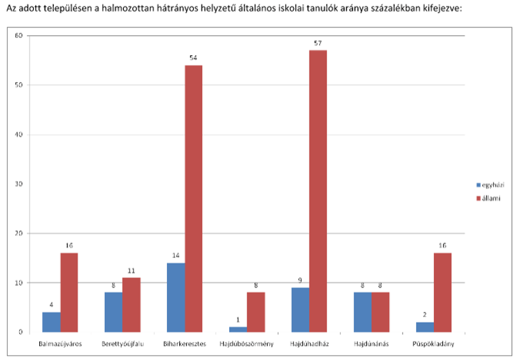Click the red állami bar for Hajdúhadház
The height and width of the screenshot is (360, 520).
(x=318, y=191)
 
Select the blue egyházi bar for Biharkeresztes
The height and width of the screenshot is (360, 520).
(x=176, y=298)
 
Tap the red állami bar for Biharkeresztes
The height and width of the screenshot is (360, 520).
(x=194, y=199)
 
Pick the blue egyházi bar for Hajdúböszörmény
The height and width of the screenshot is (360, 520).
(x=238, y=329)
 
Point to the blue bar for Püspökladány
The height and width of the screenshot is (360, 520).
(x=425, y=327)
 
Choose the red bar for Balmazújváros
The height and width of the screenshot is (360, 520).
(x=69, y=293)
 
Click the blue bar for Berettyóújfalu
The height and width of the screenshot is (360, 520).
(x=114, y=313)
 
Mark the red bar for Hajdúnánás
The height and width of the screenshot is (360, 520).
(x=381, y=313)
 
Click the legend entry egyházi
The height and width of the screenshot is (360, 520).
(x=490, y=185)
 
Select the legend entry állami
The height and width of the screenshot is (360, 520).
(x=489, y=198)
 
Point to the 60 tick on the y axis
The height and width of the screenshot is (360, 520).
(x=19, y=35)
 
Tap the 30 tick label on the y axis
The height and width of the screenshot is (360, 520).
(x=19, y=184)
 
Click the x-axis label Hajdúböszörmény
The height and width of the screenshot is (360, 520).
(x=247, y=344)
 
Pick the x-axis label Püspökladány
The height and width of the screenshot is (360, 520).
(x=433, y=344)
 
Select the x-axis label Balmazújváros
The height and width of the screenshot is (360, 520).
(x=60, y=344)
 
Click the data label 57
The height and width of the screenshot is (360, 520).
(x=318, y=43)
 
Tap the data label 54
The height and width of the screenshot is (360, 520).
(x=193, y=58)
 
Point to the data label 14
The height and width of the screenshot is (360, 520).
(x=176, y=255)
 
